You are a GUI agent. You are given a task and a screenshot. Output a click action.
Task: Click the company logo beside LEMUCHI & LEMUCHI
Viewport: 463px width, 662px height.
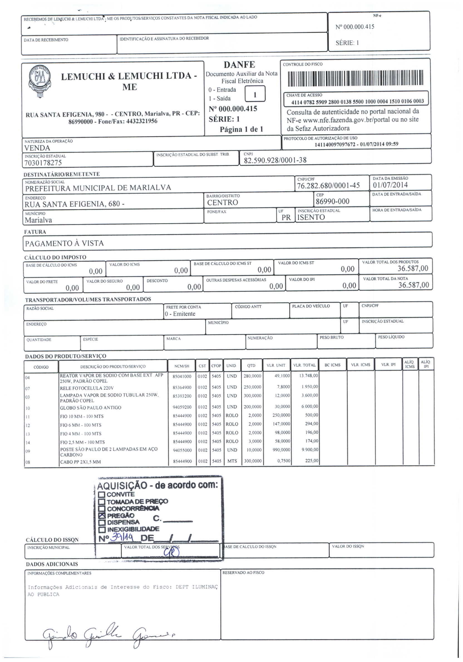tap(40, 81)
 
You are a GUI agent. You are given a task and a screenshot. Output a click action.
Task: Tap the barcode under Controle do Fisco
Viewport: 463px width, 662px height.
tap(355, 78)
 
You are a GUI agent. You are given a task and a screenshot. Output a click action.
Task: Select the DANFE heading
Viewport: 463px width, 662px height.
tap(239, 65)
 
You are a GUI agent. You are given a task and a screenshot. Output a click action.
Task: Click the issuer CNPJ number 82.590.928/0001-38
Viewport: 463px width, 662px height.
tap(275, 160)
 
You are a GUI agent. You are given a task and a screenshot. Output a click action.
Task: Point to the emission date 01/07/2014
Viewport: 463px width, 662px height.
tap(390, 185)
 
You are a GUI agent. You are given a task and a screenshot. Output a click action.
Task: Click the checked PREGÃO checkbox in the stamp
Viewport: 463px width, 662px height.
tap(102, 515)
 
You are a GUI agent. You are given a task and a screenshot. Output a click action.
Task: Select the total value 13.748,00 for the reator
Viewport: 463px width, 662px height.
tap(308, 375)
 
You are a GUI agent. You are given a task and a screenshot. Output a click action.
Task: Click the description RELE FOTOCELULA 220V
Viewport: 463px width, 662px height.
tap(87, 388)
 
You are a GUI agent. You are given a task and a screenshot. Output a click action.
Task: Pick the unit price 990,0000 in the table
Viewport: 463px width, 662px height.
tap(281, 450)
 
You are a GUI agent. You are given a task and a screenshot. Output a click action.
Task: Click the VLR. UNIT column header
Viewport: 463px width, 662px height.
tap(276, 365)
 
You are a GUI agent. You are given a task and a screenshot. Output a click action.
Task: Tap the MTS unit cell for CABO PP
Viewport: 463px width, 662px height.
tap(232, 461)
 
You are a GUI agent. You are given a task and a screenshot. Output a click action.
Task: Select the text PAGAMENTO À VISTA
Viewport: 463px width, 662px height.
tap(64, 243)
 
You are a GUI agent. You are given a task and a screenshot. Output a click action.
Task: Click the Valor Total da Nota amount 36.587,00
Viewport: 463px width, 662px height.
tap(413, 285)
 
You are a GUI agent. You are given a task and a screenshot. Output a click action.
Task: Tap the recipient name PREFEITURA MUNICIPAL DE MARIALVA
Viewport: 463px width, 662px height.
tap(98, 188)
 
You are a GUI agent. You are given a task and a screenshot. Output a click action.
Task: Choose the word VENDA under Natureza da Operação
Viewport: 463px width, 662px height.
tap(37, 148)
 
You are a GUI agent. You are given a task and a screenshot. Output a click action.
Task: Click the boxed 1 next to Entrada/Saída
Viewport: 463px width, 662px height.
tap(255, 95)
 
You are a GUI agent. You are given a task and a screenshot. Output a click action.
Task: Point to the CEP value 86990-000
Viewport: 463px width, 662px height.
tap(332, 201)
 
